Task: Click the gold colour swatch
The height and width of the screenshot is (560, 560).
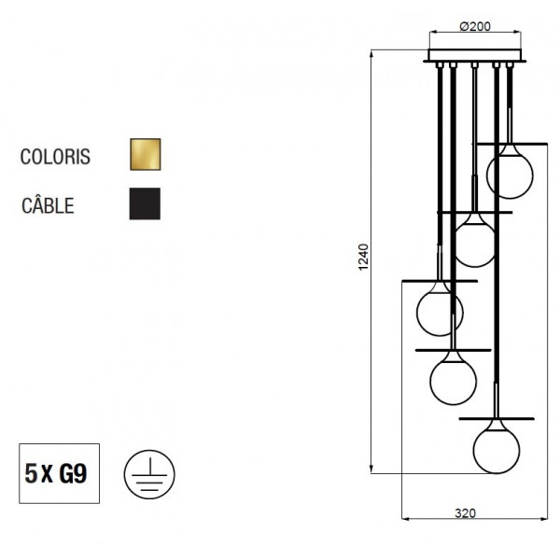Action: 146,154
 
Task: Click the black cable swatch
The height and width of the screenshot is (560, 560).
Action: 145,203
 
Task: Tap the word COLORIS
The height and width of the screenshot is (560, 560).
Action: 55,157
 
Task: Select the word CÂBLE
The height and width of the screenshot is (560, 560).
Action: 48,205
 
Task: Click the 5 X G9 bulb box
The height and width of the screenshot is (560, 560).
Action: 60,473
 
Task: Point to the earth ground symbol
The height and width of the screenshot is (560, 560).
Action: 149,474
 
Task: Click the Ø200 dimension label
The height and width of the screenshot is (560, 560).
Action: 475,26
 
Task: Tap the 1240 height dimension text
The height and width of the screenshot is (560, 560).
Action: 363,258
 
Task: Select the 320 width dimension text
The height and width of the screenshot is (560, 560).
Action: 466,513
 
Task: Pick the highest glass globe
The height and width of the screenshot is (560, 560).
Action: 510,175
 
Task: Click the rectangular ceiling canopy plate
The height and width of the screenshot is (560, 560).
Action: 475,55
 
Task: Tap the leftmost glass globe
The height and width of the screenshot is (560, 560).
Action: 440,313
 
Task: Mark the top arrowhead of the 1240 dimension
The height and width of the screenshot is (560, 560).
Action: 371,53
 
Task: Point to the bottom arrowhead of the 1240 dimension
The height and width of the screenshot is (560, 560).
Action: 371,469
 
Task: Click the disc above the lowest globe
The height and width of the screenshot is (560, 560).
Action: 497,418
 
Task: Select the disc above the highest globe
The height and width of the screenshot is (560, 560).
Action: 510,144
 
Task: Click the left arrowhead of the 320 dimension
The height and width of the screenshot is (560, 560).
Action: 406,519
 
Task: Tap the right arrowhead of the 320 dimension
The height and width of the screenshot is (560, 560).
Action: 543,519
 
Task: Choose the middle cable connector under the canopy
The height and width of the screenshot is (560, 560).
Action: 474,65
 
